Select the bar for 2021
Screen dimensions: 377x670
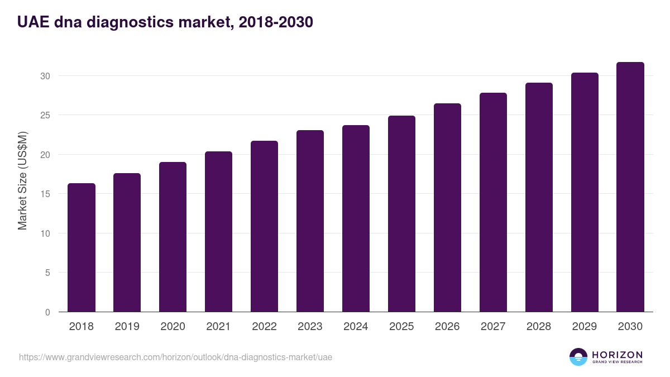pyautogui.click(x=218, y=232)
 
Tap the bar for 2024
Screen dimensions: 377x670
pyautogui.click(x=356, y=218)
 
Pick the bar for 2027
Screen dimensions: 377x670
pyautogui.click(x=493, y=202)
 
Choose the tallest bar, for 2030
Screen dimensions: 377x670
pyautogui.click(x=630, y=187)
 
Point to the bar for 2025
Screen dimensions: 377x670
pyautogui.click(x=401, y=214)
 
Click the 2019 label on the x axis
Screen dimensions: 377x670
pyautogui.click(x=127, y=326)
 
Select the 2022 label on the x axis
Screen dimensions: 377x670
pyautogui.click(x=264, y=326)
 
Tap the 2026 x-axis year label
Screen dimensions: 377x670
pyautogui.click(x=447, y=326)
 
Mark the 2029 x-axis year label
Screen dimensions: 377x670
pyautogui.click(x=585, y=326)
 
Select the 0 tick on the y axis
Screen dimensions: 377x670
pyautogui.click(x=47, y=312)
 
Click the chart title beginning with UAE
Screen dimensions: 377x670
pyautogui.click(x=165, y=22)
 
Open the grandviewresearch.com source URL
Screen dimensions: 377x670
pyautogui.click(x=175, y=357)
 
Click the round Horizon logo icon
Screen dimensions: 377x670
pyautogui.click(x=578, y=357)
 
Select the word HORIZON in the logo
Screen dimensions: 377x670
pyautogui.click(x=617, y=355)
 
